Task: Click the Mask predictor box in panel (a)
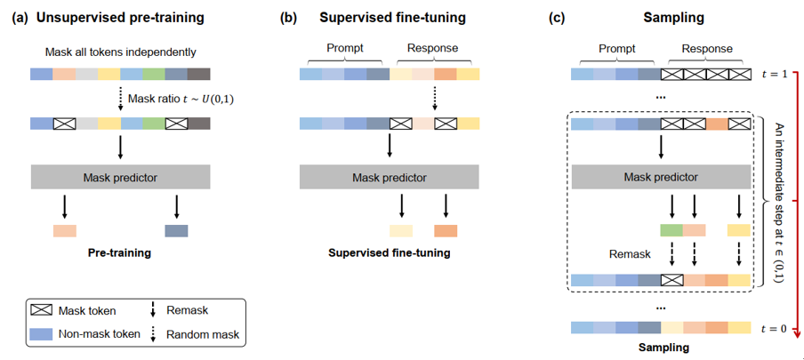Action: coord(120,176)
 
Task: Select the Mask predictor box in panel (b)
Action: coord(388,176)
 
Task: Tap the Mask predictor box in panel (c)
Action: coord(659,176)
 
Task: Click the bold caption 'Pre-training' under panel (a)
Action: coord(120,252)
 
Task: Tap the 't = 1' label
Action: coord(776,76)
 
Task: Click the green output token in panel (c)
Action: coord(671,231)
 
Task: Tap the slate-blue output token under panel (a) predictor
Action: coord(176,231)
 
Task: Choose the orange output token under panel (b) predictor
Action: coord(446,231)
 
